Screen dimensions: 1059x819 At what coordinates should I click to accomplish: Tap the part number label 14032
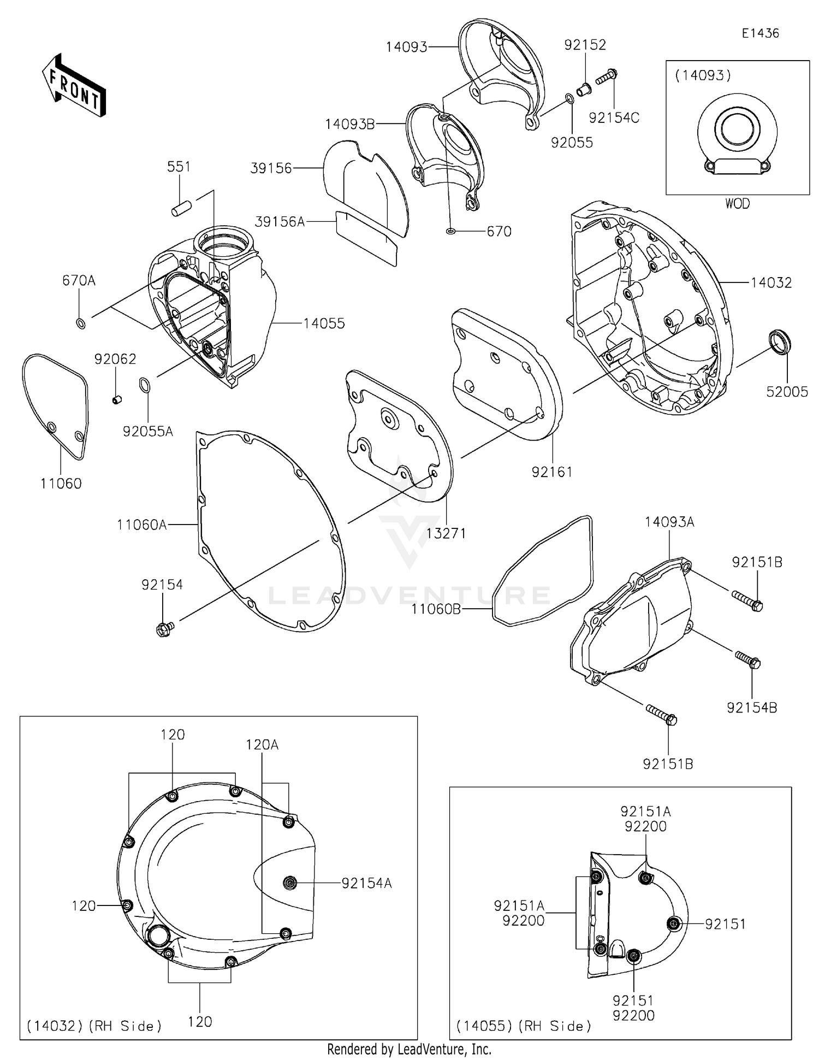click(x=770, y=283)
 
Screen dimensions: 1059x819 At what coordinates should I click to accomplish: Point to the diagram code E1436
click(x=760, y=33)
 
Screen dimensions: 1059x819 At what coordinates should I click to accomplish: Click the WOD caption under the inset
click(x=737, y=204)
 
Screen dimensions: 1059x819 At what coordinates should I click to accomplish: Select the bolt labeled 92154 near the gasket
click(x=164, y=629)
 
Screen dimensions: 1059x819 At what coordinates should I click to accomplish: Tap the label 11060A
click(x=141, y=525)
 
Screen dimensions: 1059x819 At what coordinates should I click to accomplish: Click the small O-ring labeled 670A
click(x=80, y=323)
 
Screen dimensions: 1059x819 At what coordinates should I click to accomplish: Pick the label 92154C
click(x=614, y=118)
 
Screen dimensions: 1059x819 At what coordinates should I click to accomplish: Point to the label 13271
click(x=446, y=533)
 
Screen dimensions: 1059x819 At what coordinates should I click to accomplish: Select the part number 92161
click(x=551, y=472)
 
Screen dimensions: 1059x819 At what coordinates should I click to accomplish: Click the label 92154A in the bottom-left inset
click(x=366, y=883)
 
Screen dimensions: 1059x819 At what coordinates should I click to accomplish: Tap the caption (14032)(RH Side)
click(x=94, y=1026)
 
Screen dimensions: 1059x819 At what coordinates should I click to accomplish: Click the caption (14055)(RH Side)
click(x=524, y=1026)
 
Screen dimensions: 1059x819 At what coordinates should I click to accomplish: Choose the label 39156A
click(x=280, y=221)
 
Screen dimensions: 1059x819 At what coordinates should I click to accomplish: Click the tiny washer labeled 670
click(x=450, y=232)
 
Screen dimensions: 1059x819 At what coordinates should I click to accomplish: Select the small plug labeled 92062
click(x=116, y=400)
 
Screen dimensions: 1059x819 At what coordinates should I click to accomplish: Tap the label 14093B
click(x=349, y=125)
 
